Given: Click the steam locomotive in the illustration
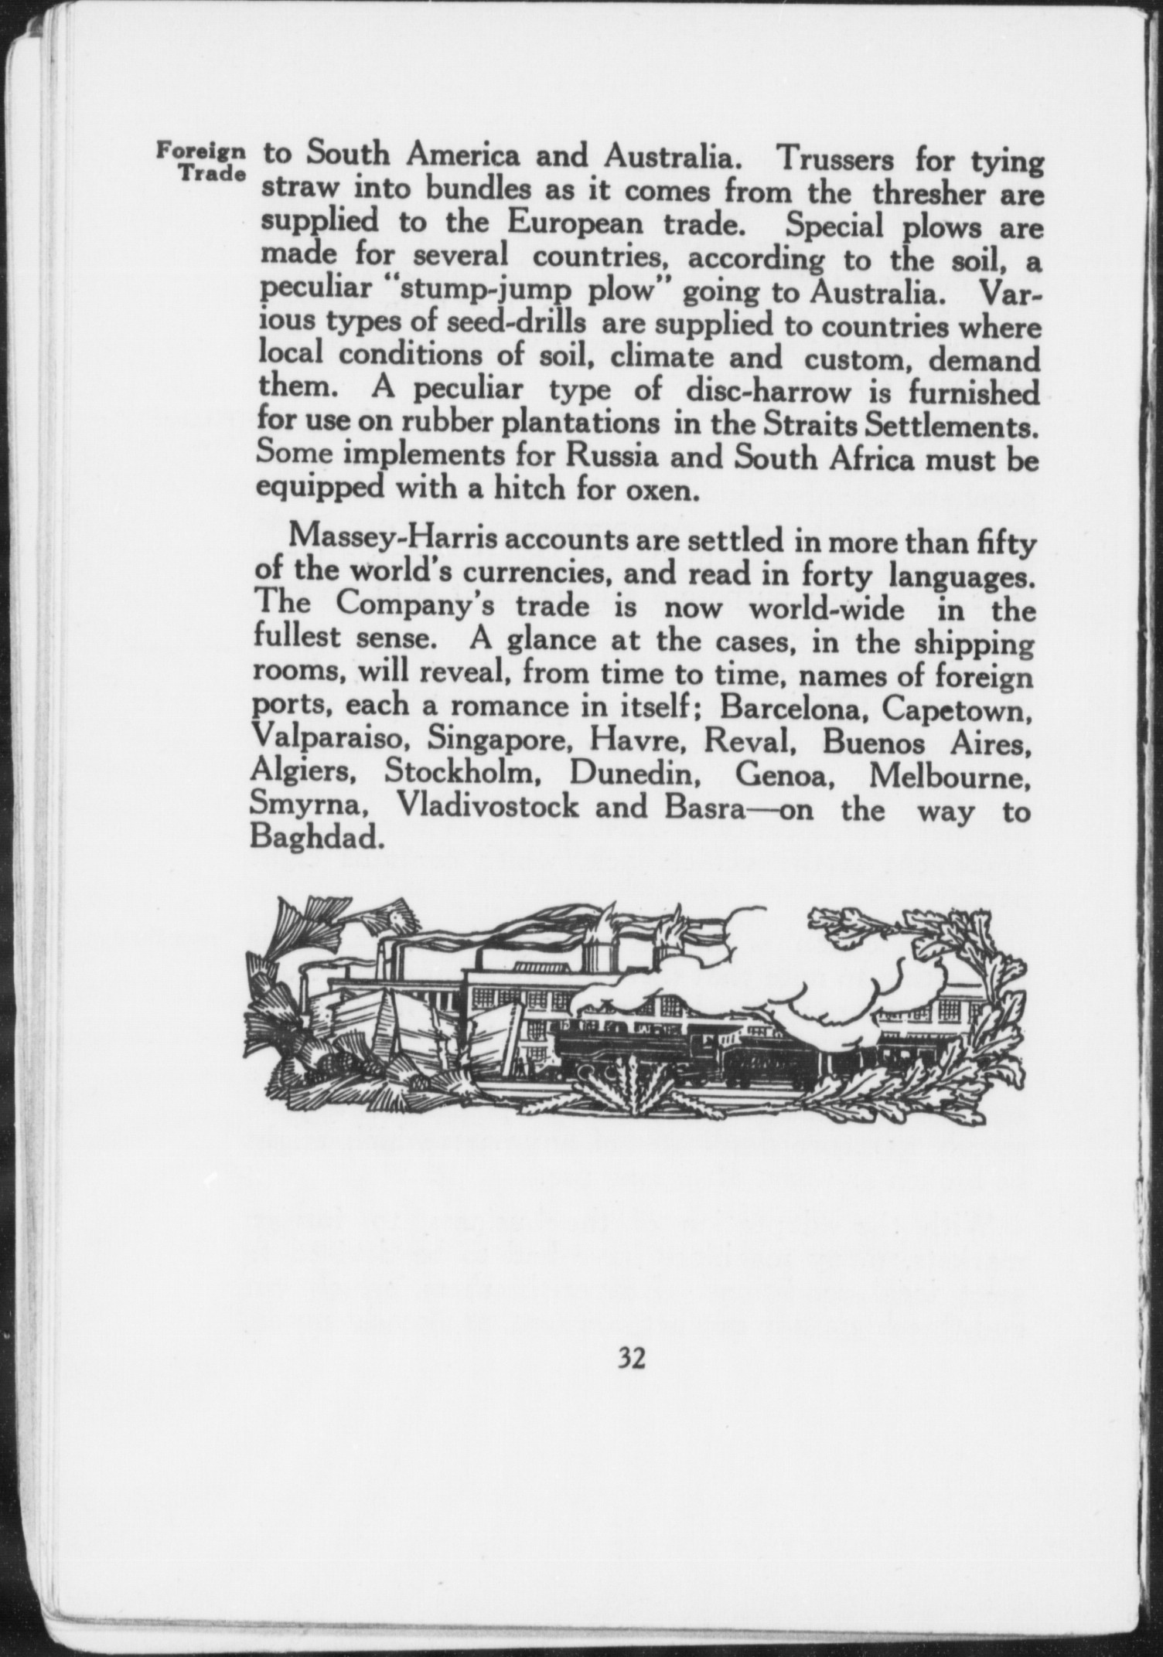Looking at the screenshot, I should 630,1048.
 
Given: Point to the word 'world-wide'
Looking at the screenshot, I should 826,609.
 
